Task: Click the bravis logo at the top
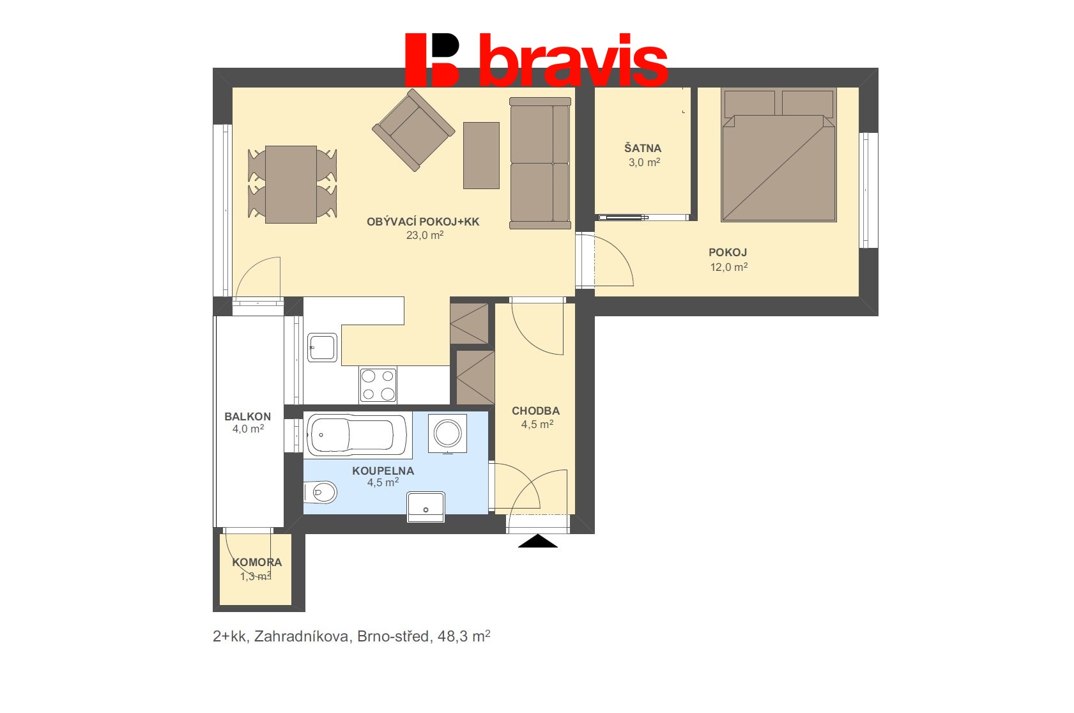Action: coord(537,60)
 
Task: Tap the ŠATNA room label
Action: coord(643,148)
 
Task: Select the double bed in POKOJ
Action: coord(779,155)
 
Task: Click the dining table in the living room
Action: coord(291,185)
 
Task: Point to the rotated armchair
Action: coord(413,130)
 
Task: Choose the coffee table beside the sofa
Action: coord(481,155)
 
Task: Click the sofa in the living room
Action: coord(540,163)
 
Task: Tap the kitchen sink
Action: coord(322,347)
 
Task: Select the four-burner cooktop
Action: coord(378,385)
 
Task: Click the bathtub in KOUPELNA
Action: coord(357,435)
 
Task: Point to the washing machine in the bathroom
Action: coord(447,433)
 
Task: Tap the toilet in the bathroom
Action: coord(320,492)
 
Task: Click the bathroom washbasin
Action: coord(426,507)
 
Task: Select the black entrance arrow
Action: coord(537,541)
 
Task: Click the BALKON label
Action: coord(247,417)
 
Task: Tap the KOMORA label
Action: coord(257,562)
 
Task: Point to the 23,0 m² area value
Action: coord(425,235)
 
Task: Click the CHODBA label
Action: coord(535,411)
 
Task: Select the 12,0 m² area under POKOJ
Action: coord(729,266)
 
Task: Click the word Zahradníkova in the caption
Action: coord(301,636)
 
